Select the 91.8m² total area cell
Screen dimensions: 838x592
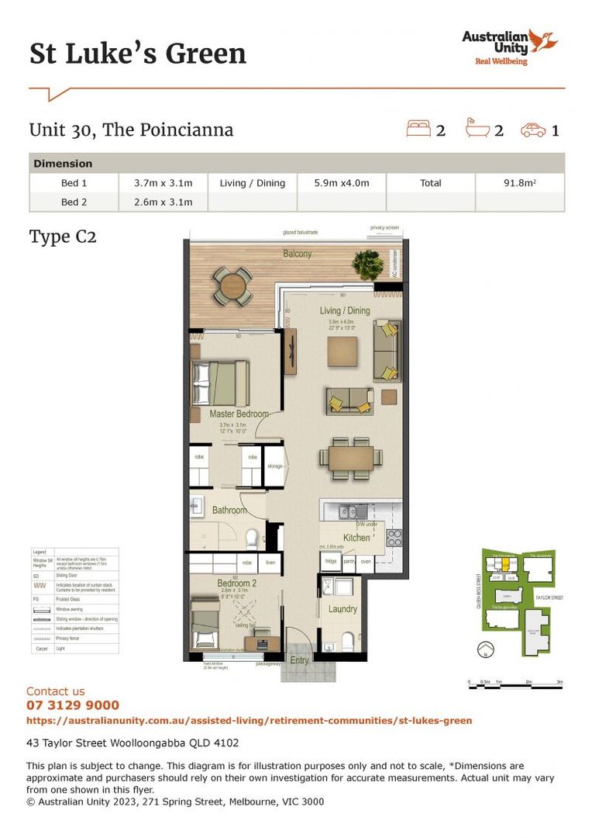pyautogui.click(x=519, y=183)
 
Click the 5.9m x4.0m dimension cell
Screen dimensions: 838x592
pyautogui.click(x=341, y=183)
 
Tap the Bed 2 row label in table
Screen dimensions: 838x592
pyautogui.click(x=74, y=203)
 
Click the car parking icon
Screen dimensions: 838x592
pyautogui.click(x=533, y=130)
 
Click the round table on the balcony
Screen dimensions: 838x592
pyautogui.click(x=232, y=286)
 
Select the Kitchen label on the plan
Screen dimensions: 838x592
pyautogui.click(x=356, y=538)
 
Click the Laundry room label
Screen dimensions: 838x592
pyautogui.click(x=342, y=609)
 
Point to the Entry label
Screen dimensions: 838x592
pyautogui.click(x=299, y=661)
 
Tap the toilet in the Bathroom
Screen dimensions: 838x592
pyautogui.click(x=251, y=538)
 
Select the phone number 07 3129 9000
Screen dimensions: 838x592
pyautogui.click(x=73, y=705)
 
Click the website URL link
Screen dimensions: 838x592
pyautogui.click(x=249, y=721)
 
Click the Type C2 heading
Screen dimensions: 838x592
pyautogui.click(x=63, y=237)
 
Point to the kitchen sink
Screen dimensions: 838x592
pyautogui.click(x=353, y=511)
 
